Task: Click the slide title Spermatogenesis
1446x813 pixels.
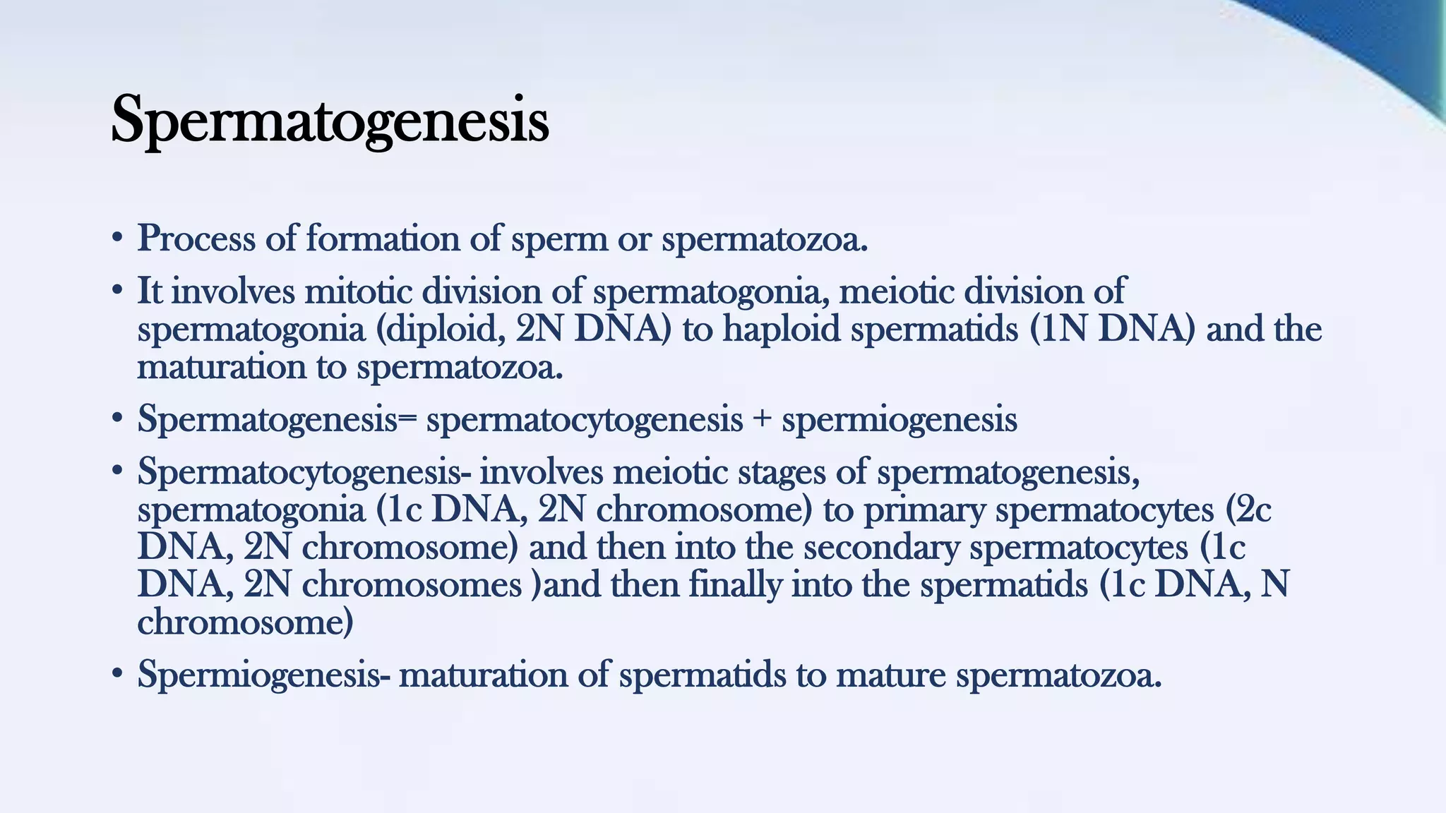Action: tap(330, 121)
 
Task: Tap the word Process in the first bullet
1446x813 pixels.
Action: tap(196, 239)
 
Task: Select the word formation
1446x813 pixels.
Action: tap(383, 239)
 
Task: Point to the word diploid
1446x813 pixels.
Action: tap(446, 329)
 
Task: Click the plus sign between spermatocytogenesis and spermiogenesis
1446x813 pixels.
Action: tap(762, 420)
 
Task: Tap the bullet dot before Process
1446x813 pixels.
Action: tap(118, 239)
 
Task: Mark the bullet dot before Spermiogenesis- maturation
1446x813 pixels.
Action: tap(118, 675)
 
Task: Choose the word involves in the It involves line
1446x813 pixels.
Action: tap(233, 291)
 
